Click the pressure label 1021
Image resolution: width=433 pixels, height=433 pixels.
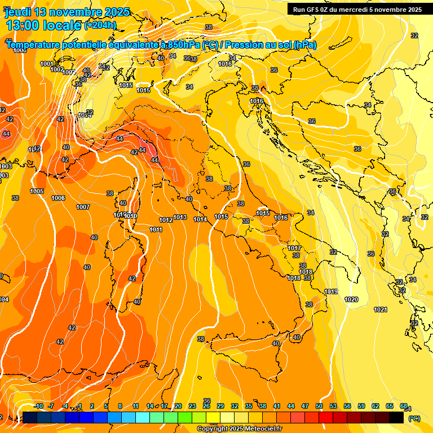(x=381, y=310)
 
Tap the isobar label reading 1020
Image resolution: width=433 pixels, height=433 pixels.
(x=351, y=299)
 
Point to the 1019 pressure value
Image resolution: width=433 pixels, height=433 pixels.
(x=331, y=291)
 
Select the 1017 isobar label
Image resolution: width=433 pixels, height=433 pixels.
(x=294, y=248)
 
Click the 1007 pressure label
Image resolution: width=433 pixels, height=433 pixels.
(x=83, y=207)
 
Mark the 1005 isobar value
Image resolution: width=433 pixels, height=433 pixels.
(x=37, y=191)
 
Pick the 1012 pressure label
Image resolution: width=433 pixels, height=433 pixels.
(x=166, y=220)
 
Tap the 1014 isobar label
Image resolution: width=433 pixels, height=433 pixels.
(x=200, y=219)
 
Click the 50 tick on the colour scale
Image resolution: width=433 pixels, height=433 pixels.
(x=319, y=406)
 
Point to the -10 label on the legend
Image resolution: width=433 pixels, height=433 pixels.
(x=38, y=406)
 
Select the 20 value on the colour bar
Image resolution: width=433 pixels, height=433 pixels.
(x=178, y=406)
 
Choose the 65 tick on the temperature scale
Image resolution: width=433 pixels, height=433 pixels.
(x=390, y=406)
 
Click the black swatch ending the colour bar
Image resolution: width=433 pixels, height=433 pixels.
(x=396, y=417)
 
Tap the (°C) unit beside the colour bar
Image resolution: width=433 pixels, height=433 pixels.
(x=414, y=418)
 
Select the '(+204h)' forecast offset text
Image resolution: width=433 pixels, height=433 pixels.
(x=100, y=25)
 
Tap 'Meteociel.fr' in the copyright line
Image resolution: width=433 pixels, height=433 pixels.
(x=262, y=429)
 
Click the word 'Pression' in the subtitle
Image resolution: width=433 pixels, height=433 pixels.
(x=245, y=45)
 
